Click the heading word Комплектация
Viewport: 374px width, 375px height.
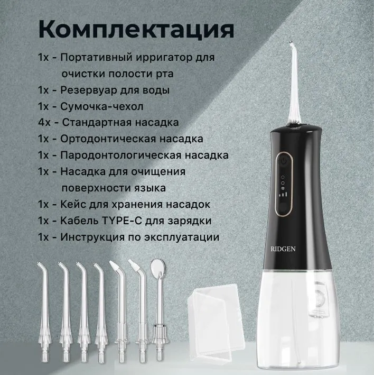tap(136, 29)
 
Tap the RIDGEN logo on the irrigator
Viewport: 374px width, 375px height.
tap(283, 249)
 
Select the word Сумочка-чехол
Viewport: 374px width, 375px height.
tap(102, 106)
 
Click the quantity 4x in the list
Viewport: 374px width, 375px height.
tap(44, 123)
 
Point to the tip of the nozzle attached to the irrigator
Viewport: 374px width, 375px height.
tap(291, 42)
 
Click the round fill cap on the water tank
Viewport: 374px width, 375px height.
tap(319, 298)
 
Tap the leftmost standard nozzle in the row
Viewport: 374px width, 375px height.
tap(44, 311)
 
